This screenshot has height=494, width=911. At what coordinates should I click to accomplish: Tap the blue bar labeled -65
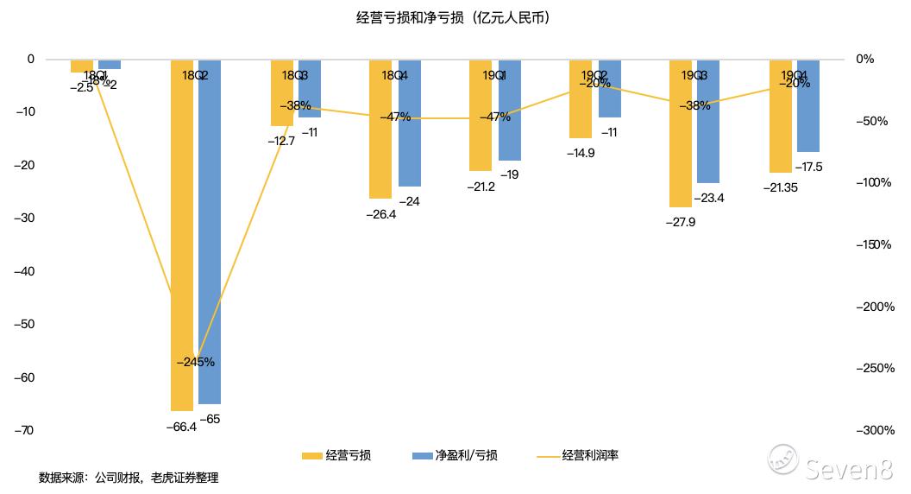(210, 233)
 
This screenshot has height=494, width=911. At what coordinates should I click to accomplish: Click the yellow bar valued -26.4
(380, 130)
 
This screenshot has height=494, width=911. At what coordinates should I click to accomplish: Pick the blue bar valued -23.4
(708, 121)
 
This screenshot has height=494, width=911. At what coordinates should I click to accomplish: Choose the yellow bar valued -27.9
(680, 134)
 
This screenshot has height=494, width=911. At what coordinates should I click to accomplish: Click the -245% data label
(195, 363)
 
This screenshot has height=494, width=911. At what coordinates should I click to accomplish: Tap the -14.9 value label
(580, 153)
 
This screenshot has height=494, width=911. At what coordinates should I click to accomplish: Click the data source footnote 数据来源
(129, 478)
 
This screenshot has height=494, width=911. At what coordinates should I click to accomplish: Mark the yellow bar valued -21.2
(481, 116)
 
